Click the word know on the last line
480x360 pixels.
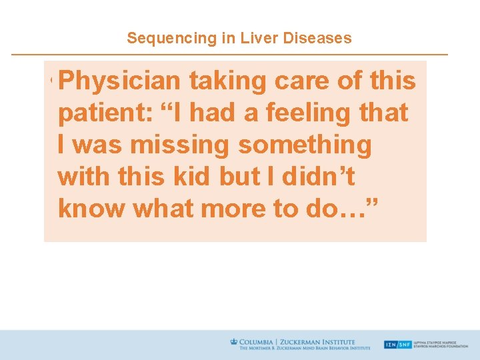tap(91, 209)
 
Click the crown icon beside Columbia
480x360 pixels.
tap(233, 341)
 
